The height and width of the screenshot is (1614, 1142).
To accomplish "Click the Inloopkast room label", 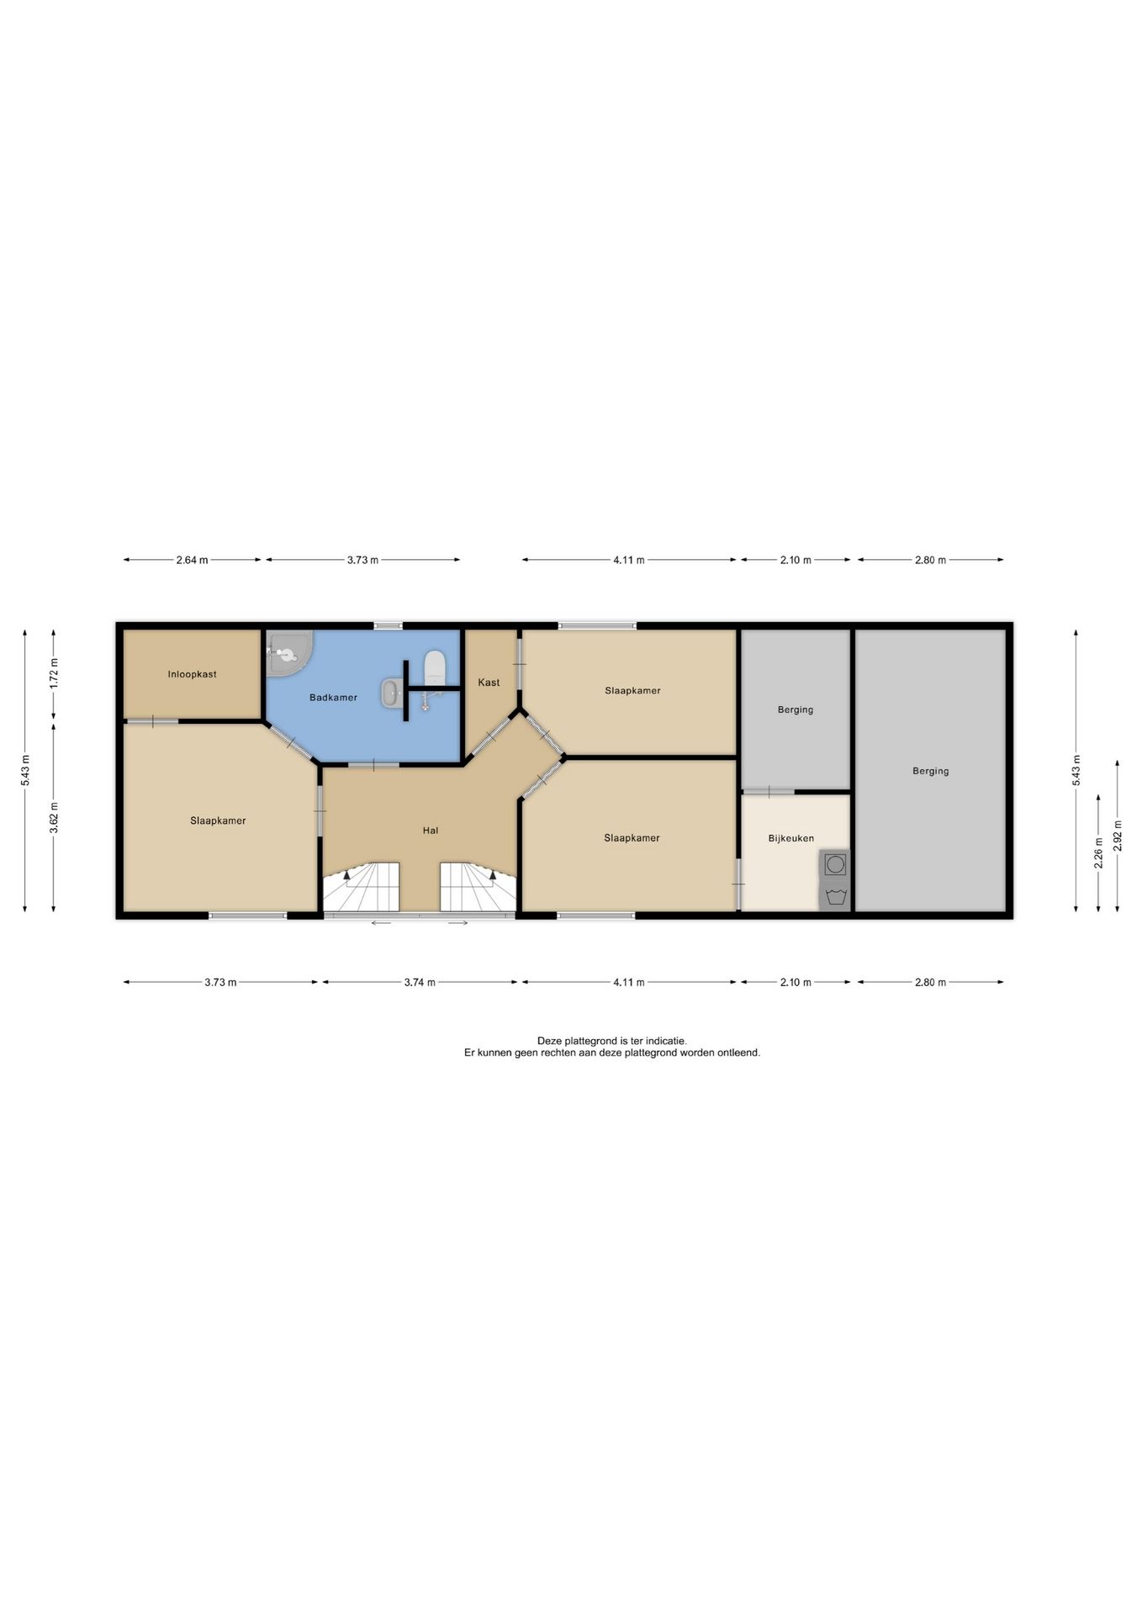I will click(x=192, y=674).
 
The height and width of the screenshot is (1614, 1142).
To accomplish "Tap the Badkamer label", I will click(x=333, y=698).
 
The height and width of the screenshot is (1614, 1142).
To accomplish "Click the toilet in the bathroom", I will click(x=434, y=667).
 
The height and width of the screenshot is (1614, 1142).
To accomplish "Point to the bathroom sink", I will click(x=391, y=694).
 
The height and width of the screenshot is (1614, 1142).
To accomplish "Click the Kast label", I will click(x=489, y=683).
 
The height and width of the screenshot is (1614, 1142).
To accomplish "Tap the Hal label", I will click(x=431, y=831).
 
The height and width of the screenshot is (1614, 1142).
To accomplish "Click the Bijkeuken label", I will click(x=790, y=838).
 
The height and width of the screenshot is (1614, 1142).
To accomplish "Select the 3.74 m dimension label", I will click(x=420, y=982).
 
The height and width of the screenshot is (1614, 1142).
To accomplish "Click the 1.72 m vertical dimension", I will click(x=54, y=674).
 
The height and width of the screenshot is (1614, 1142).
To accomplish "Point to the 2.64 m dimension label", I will click(x=192, y=560).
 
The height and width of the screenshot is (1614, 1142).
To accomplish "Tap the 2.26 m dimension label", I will click(x=1098, y=852).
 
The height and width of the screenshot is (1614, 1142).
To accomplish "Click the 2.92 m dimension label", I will click(x=1118, y=836).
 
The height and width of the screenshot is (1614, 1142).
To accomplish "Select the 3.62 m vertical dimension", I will click(x=54, y=818).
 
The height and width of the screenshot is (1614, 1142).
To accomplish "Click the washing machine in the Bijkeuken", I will click(x=835, y=864).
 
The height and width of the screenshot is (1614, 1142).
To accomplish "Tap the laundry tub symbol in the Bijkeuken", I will click(x=835, y=896).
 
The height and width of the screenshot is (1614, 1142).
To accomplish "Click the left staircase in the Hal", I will click(x=362, y=888).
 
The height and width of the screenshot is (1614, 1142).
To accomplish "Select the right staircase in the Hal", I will click(x=477, y=888).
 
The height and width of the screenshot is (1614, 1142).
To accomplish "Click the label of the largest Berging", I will click(x=930, y=771).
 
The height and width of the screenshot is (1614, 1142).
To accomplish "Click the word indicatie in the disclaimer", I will click(x=667, y=1041).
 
